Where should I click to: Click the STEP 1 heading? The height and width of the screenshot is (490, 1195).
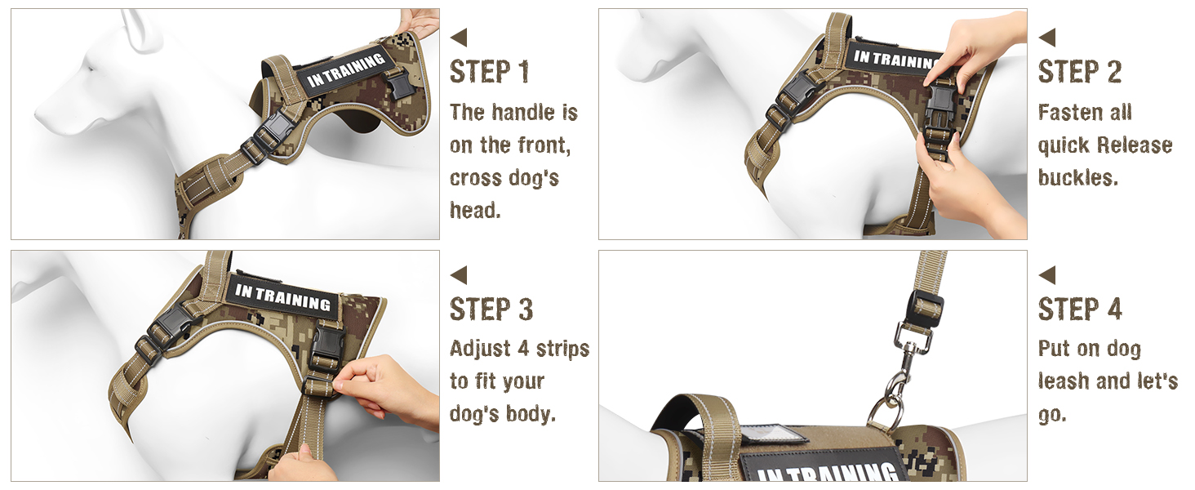[489, 72]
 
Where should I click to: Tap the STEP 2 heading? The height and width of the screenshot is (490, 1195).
[1079, 72]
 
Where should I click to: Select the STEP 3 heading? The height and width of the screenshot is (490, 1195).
[491, 310]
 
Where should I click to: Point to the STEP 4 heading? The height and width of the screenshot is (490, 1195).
[1080, 310]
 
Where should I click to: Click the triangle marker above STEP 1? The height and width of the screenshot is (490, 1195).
[460, 38]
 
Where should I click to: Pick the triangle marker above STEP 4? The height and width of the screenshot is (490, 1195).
[1047, 275]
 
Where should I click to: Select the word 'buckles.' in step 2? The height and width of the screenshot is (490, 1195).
[1077, 178]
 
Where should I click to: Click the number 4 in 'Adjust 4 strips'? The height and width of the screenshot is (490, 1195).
[523, 349]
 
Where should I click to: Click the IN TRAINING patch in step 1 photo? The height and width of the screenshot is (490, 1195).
[346, 72]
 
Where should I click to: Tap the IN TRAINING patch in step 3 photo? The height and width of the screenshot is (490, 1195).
[282, 297]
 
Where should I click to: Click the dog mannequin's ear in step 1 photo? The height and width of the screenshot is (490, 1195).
[137, 29]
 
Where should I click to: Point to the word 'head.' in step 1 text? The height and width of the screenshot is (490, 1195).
[475, 211]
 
